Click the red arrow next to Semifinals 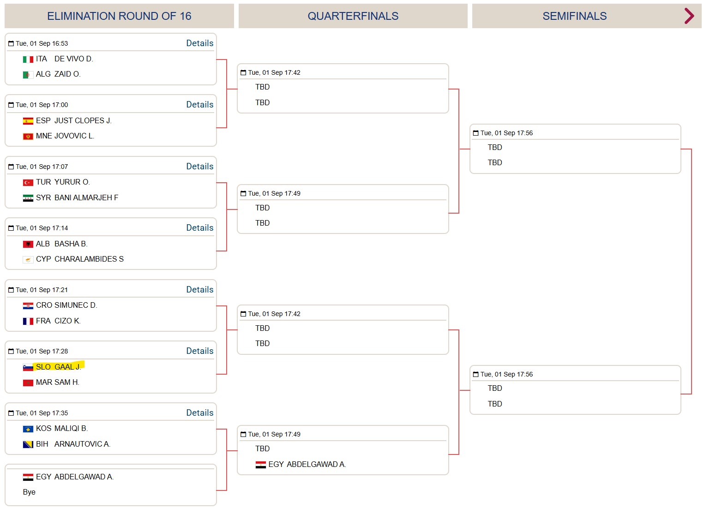coord(689,16)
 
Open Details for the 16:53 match coord(199,43)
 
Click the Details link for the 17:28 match coord(199,351)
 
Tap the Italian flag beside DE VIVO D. coord(28,59)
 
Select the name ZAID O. coord(67,74)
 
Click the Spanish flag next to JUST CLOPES coord(28,120)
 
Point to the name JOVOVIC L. coord(74,136)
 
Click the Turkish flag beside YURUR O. coord(28,182)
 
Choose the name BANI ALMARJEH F coord(86,197)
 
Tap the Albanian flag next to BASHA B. coord(28,244)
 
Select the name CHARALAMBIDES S coord(89,259)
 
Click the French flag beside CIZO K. coord(28,321)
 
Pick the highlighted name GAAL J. coord(67,367)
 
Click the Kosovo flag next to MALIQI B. coord(28,429)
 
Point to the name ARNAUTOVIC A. coord(82,444)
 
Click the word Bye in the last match coord(29,492)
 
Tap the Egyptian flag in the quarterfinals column coord(260,465)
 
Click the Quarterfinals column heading coord(353,16)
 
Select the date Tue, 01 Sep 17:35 coord(42,413)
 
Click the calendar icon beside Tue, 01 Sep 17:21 coord(11,290)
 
